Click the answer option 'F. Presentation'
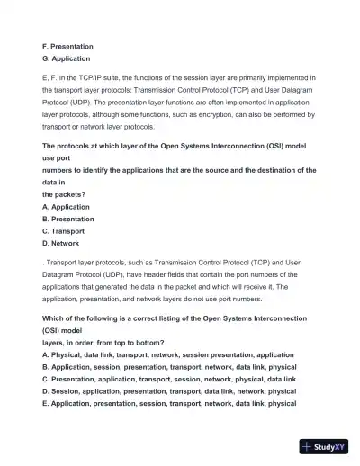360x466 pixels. coord(67,46)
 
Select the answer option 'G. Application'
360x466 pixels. coord(66,58)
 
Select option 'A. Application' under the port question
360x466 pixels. coord(66,206)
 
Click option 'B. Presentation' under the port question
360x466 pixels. coord(67,219)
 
